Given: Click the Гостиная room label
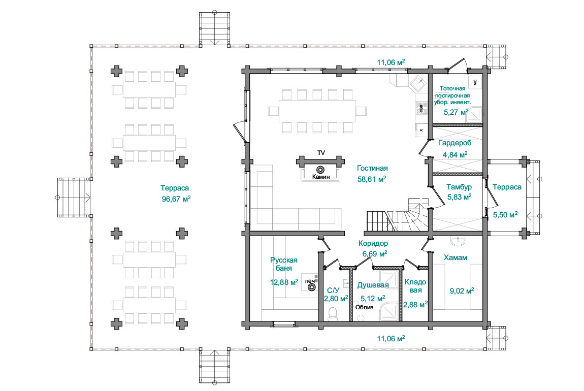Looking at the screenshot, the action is pos(372,168).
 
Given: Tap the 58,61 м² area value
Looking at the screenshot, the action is pos(372,179).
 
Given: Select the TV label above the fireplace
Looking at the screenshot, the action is pos(321,153).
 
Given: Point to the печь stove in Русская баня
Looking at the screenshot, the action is pos(312,287).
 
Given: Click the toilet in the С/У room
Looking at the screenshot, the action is pos(333,314).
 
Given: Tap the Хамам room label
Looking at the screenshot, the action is pos(455,257).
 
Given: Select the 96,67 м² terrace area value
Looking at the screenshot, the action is pos(176,199).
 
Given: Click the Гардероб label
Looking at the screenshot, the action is pos(455,143).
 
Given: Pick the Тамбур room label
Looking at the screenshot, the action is pos(459,187).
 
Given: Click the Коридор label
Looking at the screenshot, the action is pos(373,244).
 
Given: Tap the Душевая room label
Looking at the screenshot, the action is pos(373,285).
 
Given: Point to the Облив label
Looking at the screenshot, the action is pos(364,307).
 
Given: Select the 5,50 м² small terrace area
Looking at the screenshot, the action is pos(505,214).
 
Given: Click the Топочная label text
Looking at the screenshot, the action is pos(452,89).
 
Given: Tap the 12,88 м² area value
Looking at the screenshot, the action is pos(284,282).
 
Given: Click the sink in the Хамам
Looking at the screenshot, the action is pos(458,241).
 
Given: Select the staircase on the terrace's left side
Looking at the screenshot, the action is pos(74,198).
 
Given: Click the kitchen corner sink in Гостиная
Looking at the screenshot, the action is pos(418,83).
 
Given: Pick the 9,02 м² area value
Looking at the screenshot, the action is pos(462,291).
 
